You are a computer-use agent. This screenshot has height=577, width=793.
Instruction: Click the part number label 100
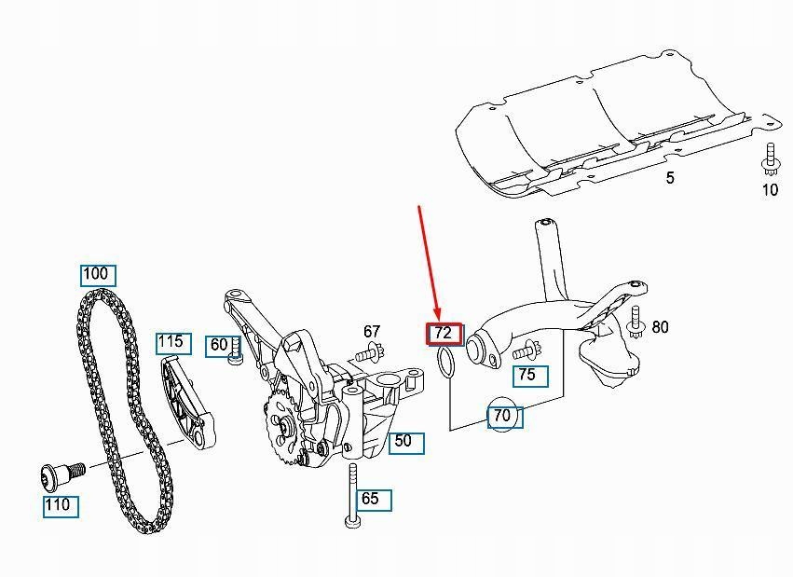pos(96,274)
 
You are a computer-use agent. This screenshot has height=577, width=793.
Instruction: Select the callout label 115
pos(171,342)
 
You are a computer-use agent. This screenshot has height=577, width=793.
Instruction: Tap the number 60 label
pos(219,345)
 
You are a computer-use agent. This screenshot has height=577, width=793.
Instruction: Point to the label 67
pos(372,331)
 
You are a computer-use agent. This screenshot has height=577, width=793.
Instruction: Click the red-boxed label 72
pos(443,333)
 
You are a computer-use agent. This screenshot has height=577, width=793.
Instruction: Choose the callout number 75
pos(527,375)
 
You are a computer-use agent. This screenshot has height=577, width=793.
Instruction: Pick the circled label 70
pos(502,416)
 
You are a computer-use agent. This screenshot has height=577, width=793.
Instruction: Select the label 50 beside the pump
pos(403,442)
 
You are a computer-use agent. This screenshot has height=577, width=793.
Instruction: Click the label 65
pos(370,499)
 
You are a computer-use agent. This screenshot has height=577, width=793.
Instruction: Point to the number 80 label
pos(660,327)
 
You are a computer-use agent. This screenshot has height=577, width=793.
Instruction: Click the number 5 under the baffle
pos(669,178)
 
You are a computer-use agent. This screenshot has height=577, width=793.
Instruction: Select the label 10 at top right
pos(770,191)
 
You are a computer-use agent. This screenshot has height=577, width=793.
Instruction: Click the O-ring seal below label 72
pos(446,364)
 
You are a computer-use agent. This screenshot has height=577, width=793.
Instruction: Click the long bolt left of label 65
pos(351,494)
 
